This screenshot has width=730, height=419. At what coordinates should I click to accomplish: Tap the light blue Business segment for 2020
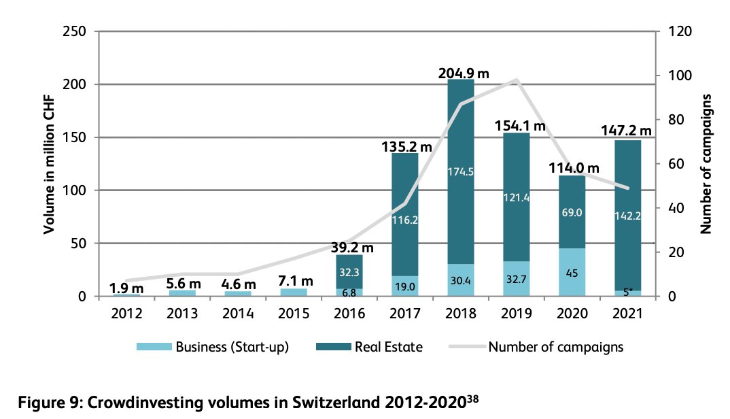coord(572,272)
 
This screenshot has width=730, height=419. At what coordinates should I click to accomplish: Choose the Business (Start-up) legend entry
coord(213,347)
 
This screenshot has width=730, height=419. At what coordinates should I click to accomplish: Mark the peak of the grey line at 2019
coord(517,80)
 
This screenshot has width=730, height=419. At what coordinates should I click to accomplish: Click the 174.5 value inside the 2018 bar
coord(461,171)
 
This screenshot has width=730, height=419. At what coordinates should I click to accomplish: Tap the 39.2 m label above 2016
coord(353,248)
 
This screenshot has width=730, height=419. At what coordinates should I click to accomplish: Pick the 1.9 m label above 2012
coord(126,286)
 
